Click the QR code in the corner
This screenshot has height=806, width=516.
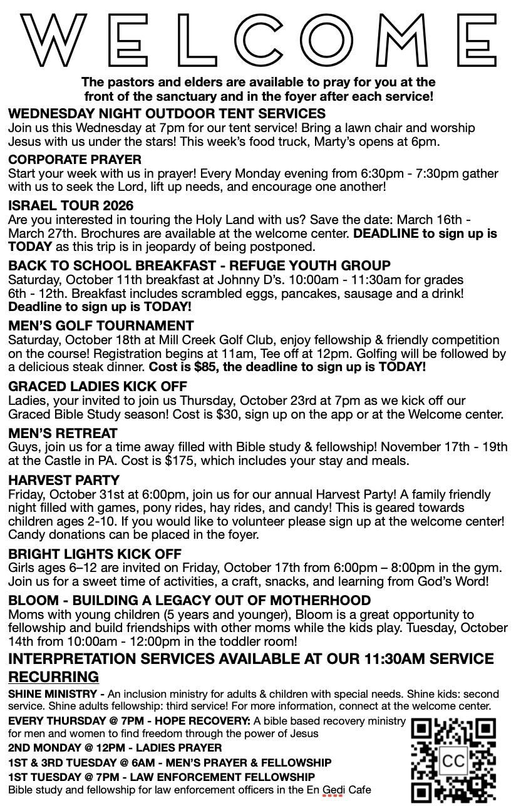(453, 760)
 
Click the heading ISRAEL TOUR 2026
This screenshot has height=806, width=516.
(71, 206)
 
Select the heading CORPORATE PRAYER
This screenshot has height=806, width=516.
(75, 160)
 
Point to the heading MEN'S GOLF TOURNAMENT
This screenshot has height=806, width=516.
(101, 326)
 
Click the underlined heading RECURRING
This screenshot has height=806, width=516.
(53, 676)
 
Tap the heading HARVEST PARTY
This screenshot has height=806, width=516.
(64, 481)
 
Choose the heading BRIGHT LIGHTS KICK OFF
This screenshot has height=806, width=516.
(95, 554)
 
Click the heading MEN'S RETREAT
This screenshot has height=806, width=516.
(63, 434)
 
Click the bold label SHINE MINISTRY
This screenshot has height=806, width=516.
(53, 694)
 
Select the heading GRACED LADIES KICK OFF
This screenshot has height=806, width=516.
(98, 387)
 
